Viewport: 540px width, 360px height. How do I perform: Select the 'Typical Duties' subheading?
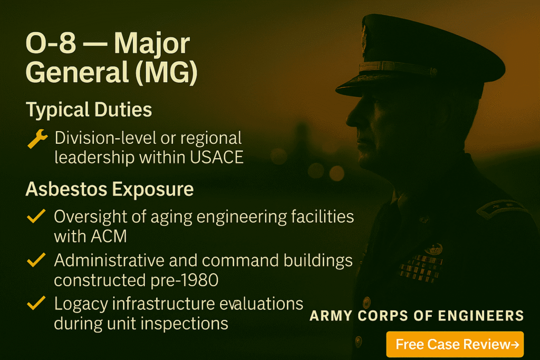pyautogui.click(x=89, y=110)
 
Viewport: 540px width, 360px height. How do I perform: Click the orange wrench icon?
pyautogui.click(x=37, y=140)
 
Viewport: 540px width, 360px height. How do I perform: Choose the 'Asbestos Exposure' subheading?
pyautogui.click(x=109, y=190)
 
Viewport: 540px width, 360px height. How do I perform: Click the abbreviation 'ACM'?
pyautogui.click(x=109, y=236)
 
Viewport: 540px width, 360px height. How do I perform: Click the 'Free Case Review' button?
pyautogui.click(x=455, y=345)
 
